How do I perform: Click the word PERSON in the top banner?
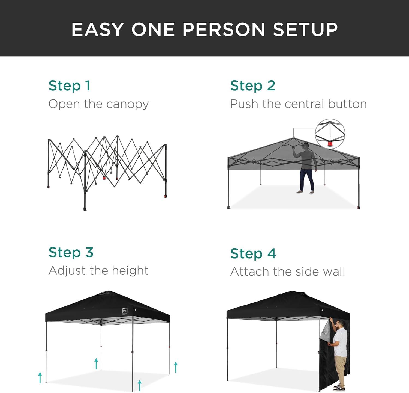point(224,29)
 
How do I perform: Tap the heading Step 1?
point(69,85)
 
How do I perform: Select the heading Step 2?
point(253,85)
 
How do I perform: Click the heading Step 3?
point(71,252)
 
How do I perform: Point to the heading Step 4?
point(253,253)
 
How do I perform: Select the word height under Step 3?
point(130,271)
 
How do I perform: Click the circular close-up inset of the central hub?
point(330,134)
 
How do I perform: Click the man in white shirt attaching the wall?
point(338,354)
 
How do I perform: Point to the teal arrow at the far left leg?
point(40,377)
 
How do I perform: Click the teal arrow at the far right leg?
point(176,367)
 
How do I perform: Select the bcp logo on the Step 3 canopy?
point(125,311)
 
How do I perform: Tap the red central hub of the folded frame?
point(104,178)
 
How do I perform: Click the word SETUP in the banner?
point(305,29)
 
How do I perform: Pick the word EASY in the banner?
point(97,29)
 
